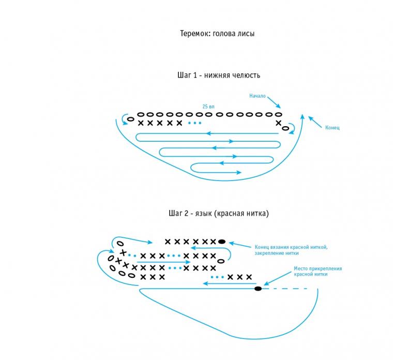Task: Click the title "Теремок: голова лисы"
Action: (217, 34)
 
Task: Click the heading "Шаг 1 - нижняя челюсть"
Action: (219, 75)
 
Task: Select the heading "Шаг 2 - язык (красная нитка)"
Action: (219, 213)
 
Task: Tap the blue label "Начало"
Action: (258, 96)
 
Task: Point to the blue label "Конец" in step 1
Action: (332, 128)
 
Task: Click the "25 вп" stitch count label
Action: (208, 107)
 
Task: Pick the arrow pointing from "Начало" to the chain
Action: (274, 102)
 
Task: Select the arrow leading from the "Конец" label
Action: (315, 123)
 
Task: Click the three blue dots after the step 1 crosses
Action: (194, 123)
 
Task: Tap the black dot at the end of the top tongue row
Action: (222, 242)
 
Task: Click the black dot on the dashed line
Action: (258, 289)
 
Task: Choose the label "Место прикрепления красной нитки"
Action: (318, 271)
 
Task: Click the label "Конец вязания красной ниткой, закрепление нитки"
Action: (291, 250)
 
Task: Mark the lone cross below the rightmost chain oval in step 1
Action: (278, 123)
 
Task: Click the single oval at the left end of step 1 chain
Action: (131, 119)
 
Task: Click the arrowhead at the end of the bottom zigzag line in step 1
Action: (239, 172)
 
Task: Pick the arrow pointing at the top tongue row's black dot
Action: (240, 245)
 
